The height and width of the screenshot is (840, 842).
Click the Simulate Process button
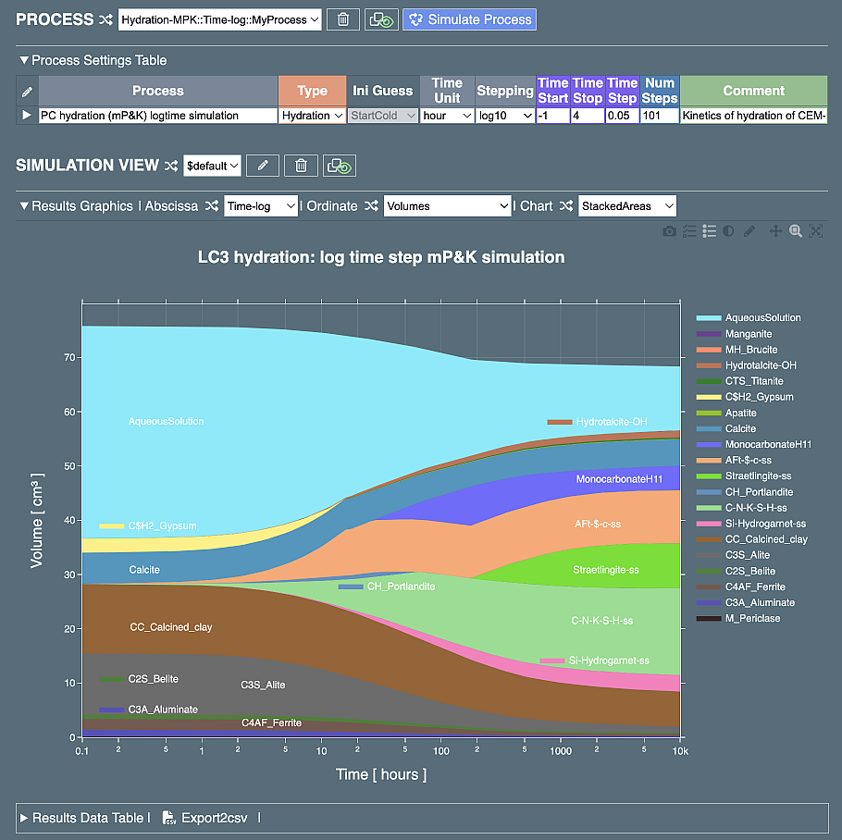pyautogui.click(x=469, y=19)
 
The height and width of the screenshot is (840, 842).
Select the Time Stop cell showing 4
pyautogui.click(x=588, y=116)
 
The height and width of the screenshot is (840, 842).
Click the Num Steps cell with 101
pyautogui.click(x=661, y=116)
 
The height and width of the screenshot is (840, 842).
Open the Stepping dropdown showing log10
pyautogui.click(x=505, y=116)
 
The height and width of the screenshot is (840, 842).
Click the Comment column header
pyautogui.click(x=753, y=91)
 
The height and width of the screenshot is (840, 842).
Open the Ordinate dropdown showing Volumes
pyautogui.click(x=447, y=206)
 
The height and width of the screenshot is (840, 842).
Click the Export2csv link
pyautogui.click(x=209, y=818)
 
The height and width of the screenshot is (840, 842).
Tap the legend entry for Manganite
pyautogui.click(x=748, y=334)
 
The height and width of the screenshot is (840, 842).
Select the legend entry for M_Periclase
pyautogui.click(x=752, y=618)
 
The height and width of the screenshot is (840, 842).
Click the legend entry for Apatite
pyautogui.click(x=740, y=413)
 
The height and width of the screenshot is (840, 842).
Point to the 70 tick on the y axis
pyautogui.click(x=68, y=357)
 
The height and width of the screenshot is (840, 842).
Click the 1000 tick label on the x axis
pyautogui.click(x=560, y=751)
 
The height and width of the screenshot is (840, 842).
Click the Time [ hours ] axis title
pyautogui.click(x=381, y=774)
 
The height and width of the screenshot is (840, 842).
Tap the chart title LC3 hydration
pyautogui.click(x=381, y=256)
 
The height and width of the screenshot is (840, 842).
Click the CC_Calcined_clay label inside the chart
pyautogui.click(x=171, y=627)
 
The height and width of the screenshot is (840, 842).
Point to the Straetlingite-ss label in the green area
pyautogui.click(x=606, y=570)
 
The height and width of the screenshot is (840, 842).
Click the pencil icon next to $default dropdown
pyautogui.click(x=263, y=166)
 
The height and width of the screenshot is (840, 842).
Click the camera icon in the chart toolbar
pyautogui.click(x=669, y=231)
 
